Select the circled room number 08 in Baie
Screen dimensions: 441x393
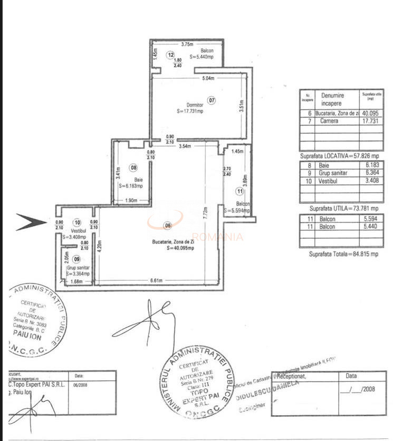133,168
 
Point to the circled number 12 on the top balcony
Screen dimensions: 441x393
171,54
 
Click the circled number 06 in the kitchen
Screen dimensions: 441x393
168,226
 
